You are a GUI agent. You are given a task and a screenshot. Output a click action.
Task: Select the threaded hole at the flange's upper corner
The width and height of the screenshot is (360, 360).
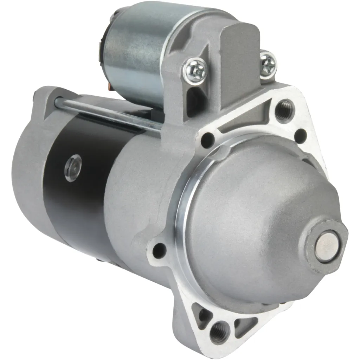click(x=283, y=110)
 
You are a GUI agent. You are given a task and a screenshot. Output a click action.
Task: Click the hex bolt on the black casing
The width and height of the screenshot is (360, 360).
click(x=73, y=168)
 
